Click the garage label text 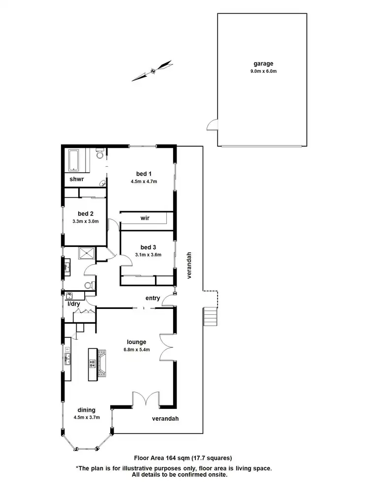click(x=263, y=63)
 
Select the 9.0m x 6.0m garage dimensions click(x=263, y=71)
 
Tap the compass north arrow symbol click(x=153, y=70)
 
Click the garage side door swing click(x=212, y=125)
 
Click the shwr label click(x=76, y=180)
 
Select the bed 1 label click(x=144, y=173)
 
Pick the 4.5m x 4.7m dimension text click(x=144, y=181)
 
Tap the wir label click(x=145, y=217)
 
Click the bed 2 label click(x=86, y=214)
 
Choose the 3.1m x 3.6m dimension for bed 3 click(x=148, y=254)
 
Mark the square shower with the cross click(x=87, y=253)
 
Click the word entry click(x=152, y=298)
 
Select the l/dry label click(x=73, y=304)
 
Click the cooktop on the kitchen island click(x=92, y=364)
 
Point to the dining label click(x=86, y=410)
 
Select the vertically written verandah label click(x=188, y=266)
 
